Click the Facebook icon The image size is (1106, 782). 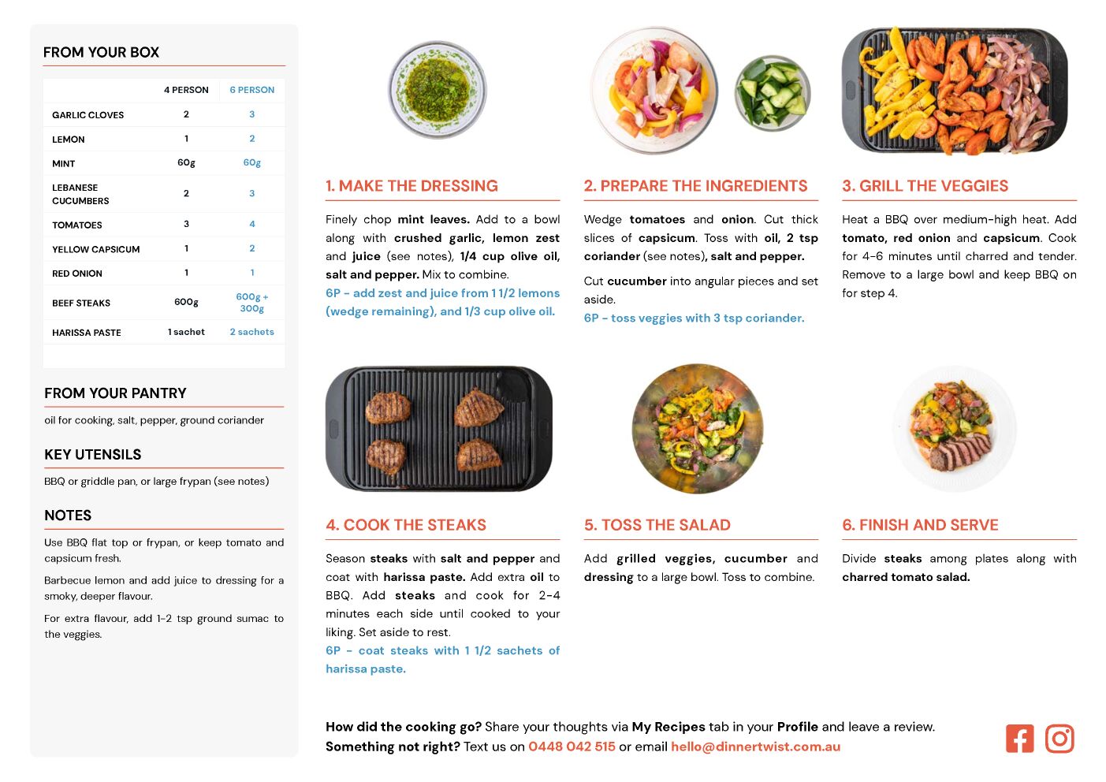1019,739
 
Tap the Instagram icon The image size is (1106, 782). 1059,739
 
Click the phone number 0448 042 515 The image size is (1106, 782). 572,747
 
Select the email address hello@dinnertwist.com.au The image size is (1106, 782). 755,747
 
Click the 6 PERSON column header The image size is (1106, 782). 251,90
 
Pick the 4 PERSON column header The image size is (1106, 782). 186,90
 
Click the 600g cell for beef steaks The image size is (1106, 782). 186,302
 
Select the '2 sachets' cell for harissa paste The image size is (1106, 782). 251,332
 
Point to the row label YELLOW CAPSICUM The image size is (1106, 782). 96,249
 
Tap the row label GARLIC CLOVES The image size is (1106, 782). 88,115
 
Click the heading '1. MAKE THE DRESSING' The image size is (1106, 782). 411,185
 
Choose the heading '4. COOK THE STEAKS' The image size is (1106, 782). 406,525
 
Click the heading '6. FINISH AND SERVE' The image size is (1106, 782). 920,525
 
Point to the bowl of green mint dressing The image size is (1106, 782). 438,91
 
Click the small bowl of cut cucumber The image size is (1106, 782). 773,93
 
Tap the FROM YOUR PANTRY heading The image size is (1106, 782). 116,393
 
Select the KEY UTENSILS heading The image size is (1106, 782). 93,454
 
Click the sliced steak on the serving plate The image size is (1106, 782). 960,452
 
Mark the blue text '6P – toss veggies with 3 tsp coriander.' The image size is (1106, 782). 695,318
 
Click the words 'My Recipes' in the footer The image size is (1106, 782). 668,727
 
